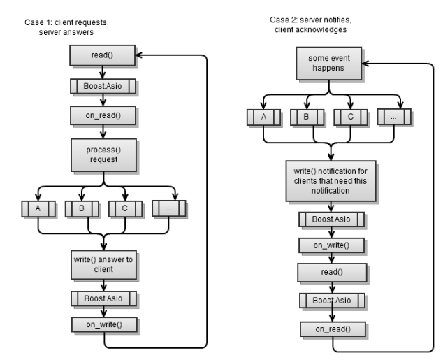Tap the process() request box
pos(103,154)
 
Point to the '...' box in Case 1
pos(168,208)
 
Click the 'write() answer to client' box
pos(103,264)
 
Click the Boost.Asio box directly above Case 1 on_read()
pos(103,86)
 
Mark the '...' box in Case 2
pos(393,117)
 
